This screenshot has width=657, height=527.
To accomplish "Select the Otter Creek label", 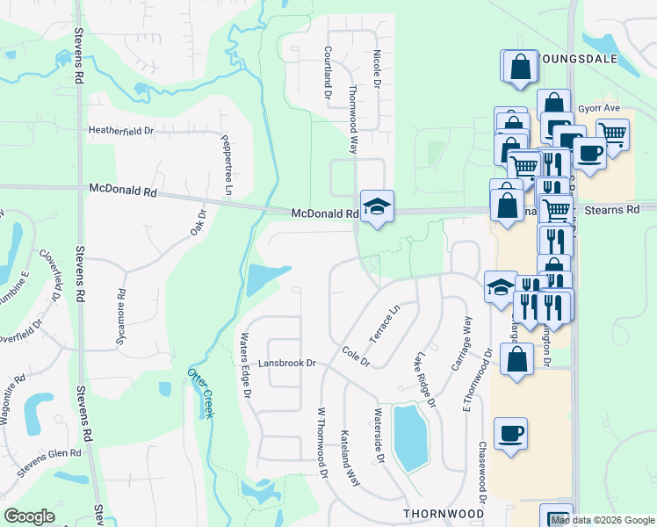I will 201,392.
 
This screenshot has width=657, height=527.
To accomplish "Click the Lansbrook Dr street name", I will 286,363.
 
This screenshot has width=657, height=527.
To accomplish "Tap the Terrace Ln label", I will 384,324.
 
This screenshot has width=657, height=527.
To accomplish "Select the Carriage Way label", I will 460,345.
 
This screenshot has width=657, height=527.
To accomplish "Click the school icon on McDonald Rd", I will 377,207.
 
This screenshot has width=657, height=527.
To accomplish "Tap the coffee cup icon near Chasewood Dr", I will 510,433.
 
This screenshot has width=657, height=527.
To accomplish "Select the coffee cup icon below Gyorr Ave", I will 589,153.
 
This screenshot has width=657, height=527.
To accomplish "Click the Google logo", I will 29,516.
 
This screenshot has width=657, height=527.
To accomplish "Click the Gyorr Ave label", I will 605,108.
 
